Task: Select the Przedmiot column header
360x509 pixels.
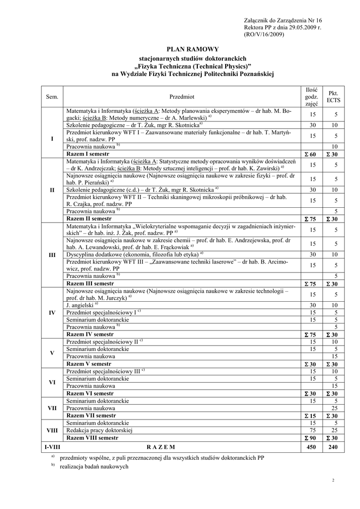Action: [181, 96]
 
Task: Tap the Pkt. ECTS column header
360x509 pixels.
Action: [333, 96]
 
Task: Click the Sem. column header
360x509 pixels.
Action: [52, 96]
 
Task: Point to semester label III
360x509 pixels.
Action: [52, 255]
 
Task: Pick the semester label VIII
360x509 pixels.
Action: [52, 430]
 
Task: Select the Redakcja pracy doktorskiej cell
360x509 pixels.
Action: [99, 430]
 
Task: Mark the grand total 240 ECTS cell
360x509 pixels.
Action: [333, 447]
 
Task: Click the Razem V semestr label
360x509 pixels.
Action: [90, 364]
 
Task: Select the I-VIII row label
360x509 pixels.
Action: [52, 447]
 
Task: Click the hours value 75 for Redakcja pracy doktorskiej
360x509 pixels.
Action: [313, 430]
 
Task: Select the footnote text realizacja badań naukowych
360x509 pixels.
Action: [94, 466]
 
